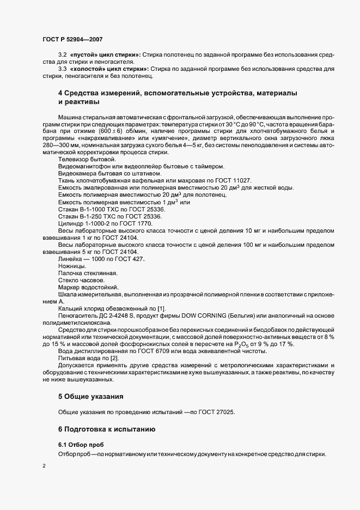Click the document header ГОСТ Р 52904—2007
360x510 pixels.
tap(72, 39)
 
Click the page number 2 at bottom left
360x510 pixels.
tap(44, 466)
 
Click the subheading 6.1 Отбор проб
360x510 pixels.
tap(81, 445)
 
